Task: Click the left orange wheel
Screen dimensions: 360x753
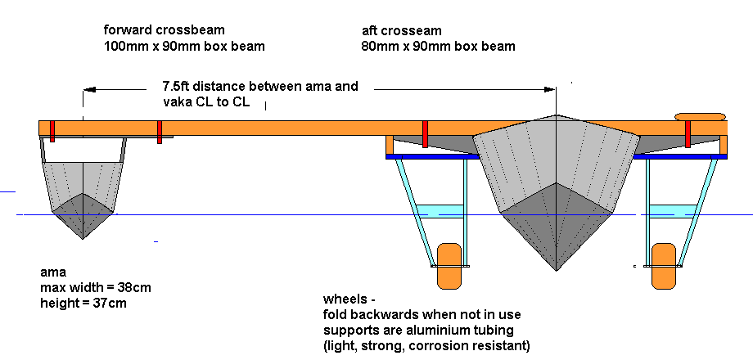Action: tap(449, 265)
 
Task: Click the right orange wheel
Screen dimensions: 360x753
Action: tap(664, 265)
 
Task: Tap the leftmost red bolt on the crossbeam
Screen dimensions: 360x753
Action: tap(51, 129)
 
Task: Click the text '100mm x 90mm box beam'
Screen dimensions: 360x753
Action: tap(184, 46)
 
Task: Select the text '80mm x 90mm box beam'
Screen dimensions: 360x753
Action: tap(438, 46)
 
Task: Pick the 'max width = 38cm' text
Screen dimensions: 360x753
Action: tap(95, 287)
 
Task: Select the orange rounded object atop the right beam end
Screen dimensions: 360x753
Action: tap(700, 117)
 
